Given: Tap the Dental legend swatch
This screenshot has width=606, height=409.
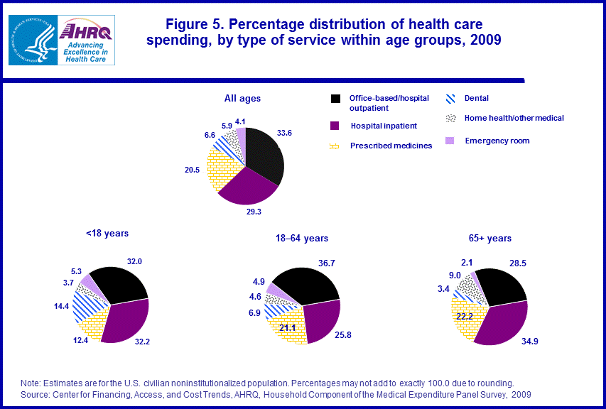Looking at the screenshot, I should point(450,99).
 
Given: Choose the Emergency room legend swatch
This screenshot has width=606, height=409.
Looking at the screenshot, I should point(450,141).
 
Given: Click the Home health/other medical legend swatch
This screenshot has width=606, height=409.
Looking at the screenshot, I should point(450,118).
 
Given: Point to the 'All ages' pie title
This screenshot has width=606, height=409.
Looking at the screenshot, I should point(243,99).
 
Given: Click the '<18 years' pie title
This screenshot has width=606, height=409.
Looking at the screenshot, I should point(107,232).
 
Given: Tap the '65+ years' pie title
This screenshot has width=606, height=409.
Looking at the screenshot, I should point(490,238).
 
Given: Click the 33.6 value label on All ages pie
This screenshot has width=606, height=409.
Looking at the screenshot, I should point(285,132).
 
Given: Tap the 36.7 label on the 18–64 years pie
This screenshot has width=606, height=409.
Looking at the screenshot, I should point(328,263).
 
